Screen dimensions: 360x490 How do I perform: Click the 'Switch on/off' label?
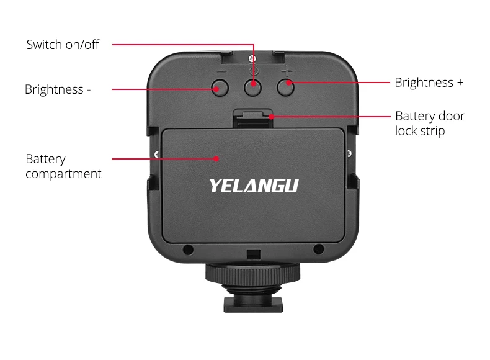(63, 45)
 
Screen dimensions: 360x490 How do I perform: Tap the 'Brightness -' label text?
(58, 89)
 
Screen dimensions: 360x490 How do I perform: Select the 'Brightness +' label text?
(429, 83)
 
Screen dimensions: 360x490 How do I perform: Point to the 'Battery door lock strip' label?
(429, 124)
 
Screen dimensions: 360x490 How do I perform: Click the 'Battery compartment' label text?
(63, 166)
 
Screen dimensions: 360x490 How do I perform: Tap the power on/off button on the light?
(252, 88)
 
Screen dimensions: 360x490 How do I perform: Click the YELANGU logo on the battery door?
(254, 186)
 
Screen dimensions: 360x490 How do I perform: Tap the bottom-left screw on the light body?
(188, 250)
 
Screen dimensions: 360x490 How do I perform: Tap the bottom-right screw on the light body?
(318, 250)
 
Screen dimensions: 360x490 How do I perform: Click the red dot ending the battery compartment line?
(216, 158)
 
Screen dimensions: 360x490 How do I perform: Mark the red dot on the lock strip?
(272, 115)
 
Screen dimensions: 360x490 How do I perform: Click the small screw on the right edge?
(350, 153)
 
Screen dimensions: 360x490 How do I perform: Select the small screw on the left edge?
(154, 153)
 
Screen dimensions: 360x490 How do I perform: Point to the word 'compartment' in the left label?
(63, 174)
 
